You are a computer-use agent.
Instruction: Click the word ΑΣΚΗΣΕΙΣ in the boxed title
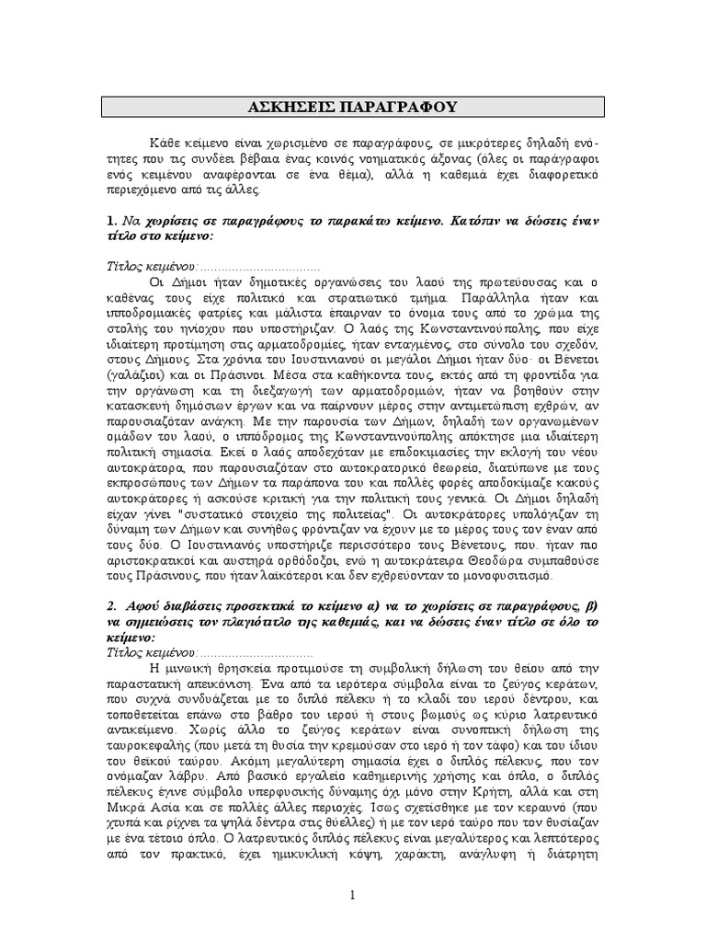pos(292,107)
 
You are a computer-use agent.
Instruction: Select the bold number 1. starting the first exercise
pos(110,221)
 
